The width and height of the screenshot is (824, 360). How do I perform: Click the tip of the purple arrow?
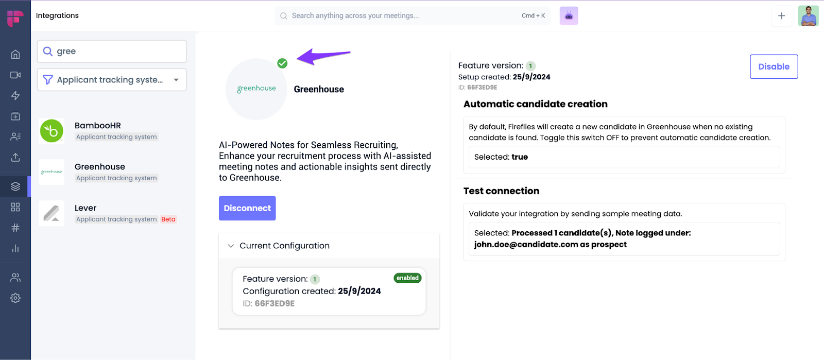pos(297,58)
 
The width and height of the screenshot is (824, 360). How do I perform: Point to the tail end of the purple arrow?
pos(350,53)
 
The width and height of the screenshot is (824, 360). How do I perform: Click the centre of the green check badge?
pos(282,63)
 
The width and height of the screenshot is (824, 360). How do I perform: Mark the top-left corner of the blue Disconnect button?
pos(219,196)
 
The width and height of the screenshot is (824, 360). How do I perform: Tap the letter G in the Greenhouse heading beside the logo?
pos(297,90)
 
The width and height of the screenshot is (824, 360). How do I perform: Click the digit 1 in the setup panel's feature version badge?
pos(530,66)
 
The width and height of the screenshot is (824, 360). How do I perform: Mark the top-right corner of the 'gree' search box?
pos(186,40)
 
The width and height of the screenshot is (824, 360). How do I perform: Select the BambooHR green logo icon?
pos(51,130)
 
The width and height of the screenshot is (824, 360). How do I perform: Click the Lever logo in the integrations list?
pos(51,213)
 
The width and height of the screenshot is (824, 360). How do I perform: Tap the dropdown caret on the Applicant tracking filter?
pos(176,80)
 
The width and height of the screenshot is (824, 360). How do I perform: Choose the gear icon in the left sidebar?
pos(15,298)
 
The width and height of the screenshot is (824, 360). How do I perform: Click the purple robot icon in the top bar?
pos(569,16)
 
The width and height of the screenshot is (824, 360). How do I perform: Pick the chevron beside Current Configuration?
pos(231,246)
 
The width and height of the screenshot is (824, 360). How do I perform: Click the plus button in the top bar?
pos(782,16)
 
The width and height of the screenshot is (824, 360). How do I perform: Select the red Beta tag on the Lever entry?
pos(168,219)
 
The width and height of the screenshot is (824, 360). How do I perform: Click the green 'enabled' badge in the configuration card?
pos(407,278)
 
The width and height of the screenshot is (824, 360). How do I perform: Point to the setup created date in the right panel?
pos(531,77)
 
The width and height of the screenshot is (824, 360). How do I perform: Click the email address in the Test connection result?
pos(526,245)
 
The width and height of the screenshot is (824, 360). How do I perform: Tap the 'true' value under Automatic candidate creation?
pos(520,157)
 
